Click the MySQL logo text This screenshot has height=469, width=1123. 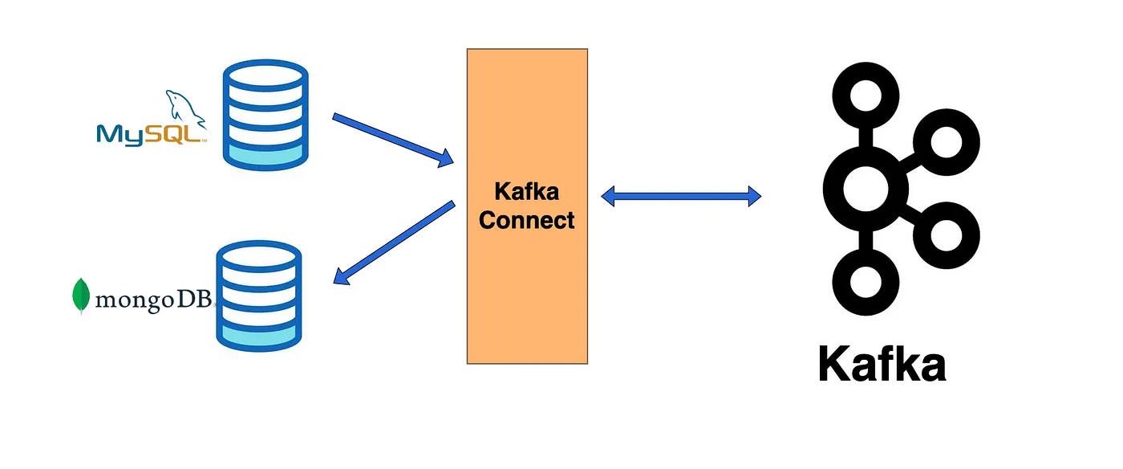149,133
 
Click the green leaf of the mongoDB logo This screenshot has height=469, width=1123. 81,296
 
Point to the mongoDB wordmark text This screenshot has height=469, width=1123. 152,300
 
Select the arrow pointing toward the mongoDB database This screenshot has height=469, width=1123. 393,243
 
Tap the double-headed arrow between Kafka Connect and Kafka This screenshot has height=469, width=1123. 681,195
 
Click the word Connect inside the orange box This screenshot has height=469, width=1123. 527,220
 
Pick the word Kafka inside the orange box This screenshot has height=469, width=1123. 527,192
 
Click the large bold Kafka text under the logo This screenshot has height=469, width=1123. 882,365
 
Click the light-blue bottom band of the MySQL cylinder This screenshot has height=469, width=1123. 266,153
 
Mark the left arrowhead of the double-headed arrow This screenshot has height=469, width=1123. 608,195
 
